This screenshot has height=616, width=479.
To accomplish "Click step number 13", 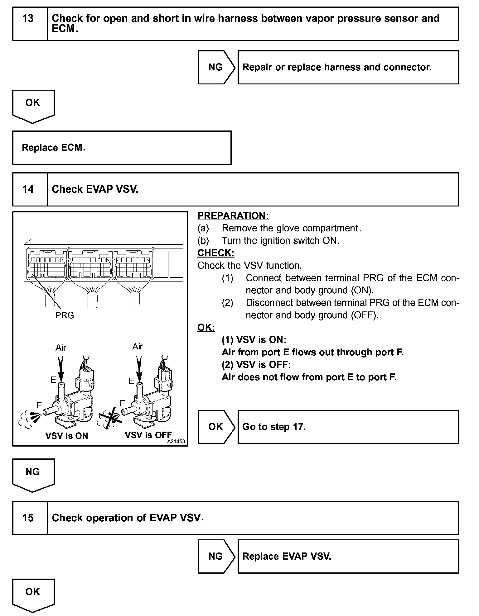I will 28,19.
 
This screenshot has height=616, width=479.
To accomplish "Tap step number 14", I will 28,189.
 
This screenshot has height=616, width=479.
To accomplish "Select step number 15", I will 28,518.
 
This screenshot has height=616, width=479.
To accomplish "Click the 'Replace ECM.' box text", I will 53,147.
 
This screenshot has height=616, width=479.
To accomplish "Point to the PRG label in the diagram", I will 65,315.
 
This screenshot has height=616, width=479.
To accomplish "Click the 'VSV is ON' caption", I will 67,436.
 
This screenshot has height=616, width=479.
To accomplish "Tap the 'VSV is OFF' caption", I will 148,435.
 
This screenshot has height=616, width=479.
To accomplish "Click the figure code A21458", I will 176,441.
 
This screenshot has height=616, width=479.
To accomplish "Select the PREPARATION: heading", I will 233,216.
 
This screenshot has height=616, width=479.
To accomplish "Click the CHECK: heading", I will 216,253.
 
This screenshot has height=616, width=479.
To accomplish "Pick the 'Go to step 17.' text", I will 274,427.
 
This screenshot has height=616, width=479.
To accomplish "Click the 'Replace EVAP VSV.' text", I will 287,556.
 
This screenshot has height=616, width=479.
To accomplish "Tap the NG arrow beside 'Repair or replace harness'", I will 216,67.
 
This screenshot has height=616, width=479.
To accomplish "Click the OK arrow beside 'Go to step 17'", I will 216,427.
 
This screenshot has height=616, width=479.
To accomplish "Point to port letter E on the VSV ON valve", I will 53,380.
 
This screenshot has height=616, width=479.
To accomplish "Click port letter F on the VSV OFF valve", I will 122,403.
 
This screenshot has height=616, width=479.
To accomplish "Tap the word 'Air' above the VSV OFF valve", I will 138,346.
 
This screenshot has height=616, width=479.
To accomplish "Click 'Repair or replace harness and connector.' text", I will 337,67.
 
